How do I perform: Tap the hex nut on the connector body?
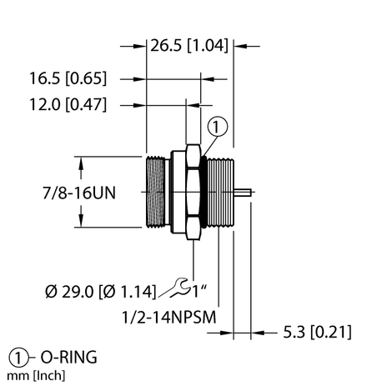(192, 193)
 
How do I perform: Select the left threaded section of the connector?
(157, 193)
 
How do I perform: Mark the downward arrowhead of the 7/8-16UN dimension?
(83, 223)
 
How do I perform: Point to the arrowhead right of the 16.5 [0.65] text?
(141, 80)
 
